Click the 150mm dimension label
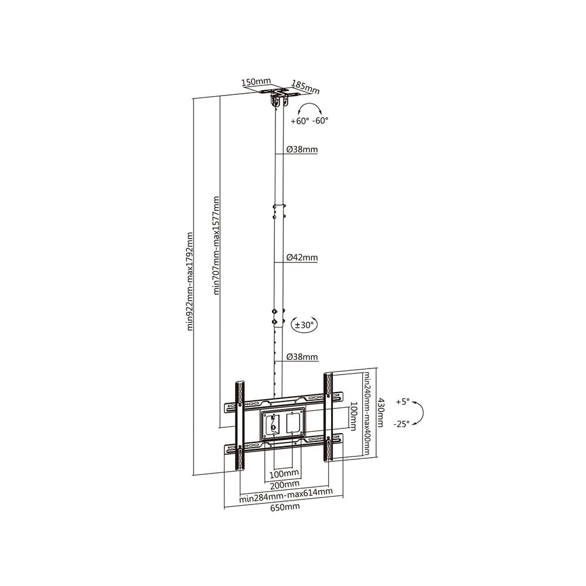click(256, 81)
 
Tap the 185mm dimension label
click(306, 87)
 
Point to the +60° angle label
click(300, 121)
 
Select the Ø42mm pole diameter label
click(302, 257)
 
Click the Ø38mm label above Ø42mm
click(302, 149)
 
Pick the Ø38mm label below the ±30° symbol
click(302, 356)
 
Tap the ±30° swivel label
click(304, 325)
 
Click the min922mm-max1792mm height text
click(190, 281)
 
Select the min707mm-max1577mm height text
click(216, 246)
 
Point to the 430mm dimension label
click(380, 412)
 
